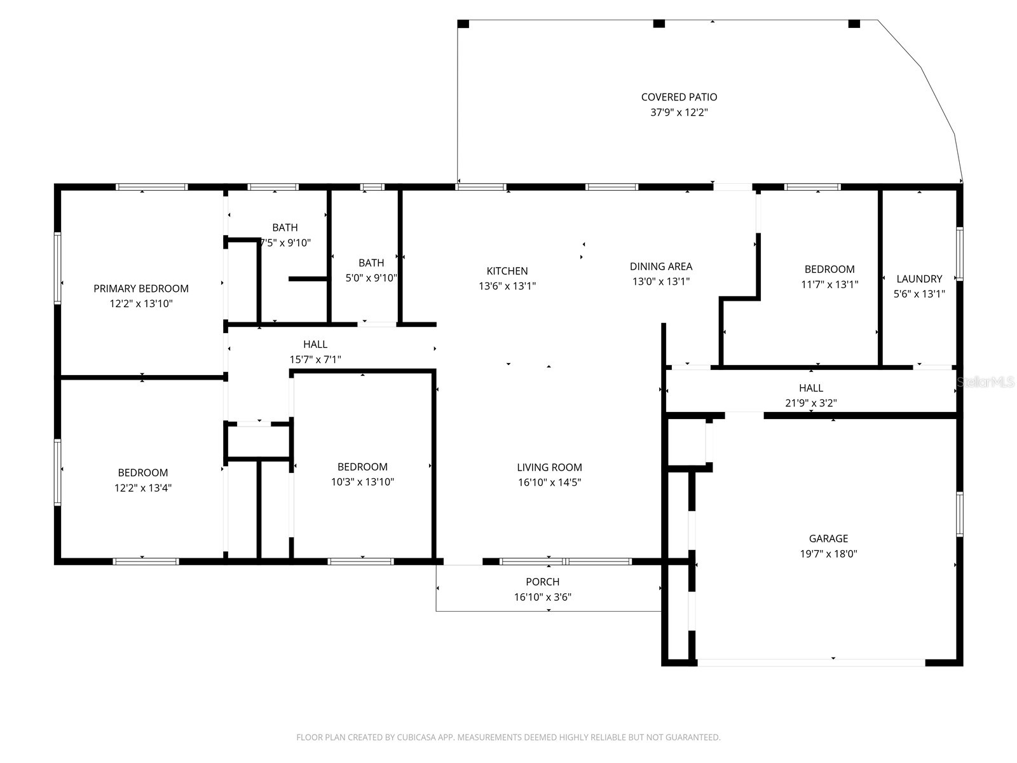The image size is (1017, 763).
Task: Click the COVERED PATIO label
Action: pyautogui.click(x=679, y=97)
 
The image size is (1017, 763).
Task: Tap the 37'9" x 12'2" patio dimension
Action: pyautogui.click(x=679, y=113)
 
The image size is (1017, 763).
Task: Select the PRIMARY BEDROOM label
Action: pyautogui.click(x=141, y=289)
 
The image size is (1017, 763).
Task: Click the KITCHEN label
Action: pyautogui.click(x=507, y=271)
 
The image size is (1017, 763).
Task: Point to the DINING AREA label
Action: pyautogui.click(x=661, y=266)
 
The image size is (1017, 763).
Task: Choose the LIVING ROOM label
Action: pyautogui.click(x=549, y=467)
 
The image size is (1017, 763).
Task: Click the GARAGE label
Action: pyautogui.click(x=828, y=539)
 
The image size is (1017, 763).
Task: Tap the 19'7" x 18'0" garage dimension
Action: pyautogui.click(x=828, y=554)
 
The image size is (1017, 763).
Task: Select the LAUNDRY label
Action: pyautogui.click(x=919, y=278)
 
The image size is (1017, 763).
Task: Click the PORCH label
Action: pyautogui.click(x=543, y=582)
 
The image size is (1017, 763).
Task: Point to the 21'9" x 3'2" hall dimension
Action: pyautogui.click(x=810, y=403)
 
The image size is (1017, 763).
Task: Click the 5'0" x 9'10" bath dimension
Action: pyautogui.click(x=371, y=278)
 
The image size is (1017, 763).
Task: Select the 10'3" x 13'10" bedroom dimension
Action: pyautogui.click(x=362, y=482)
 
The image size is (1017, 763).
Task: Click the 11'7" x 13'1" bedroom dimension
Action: pyautogui.click(x=829, y=285)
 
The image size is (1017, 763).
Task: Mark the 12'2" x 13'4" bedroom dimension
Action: pyautogui.click(x=143, y=488)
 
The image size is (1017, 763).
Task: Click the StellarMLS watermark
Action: pyautogui.click(x=986, y=382)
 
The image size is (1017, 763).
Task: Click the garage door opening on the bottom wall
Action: pyautogui.click(x=811, y=663)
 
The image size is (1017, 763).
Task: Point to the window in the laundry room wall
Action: pyautogui.click(x=960, y=254)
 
